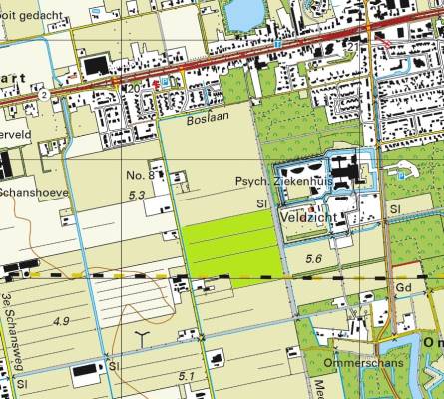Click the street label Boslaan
point(208,119)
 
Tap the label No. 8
point(139,175)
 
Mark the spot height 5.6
point(315,259)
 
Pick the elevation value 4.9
point(62,320)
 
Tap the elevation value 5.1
point(187,375)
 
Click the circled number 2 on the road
point(44,95)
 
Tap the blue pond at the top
point(243,13)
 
